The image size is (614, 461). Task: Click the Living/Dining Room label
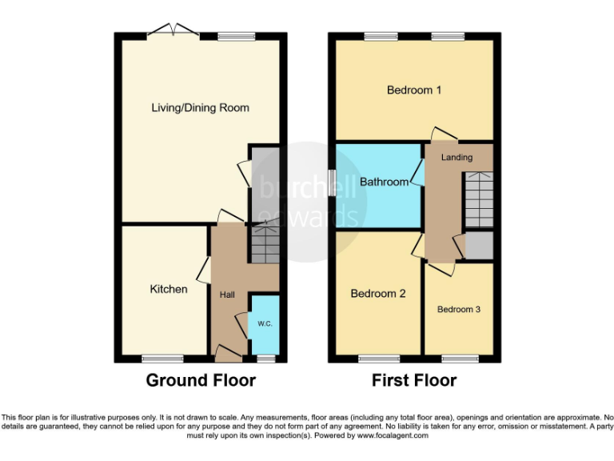click(x=200, y=107)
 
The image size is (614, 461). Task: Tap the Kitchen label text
click(x=169, y=289)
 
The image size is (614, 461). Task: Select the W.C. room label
click(x=265, y=324)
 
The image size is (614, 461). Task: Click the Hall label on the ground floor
click(x=227, y=295)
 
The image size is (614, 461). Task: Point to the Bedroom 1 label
click(x=414, y=90)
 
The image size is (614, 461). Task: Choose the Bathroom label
click(x=384, y=182)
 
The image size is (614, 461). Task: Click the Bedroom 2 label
click(x=378, y=294)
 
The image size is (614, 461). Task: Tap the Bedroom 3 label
click(x=458, y=309)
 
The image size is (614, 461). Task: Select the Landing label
click(x=457, y=157)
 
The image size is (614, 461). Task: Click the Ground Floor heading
click(x=200, y=380)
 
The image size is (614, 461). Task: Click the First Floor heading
click(x=414, y=380)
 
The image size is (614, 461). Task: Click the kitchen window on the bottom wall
click(x=157, y=358)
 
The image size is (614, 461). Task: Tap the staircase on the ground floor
click(x=265, y=243)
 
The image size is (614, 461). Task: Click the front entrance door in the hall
click(x=229, y=351)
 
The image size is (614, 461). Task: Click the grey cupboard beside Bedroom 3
click(x=480, y=246)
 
